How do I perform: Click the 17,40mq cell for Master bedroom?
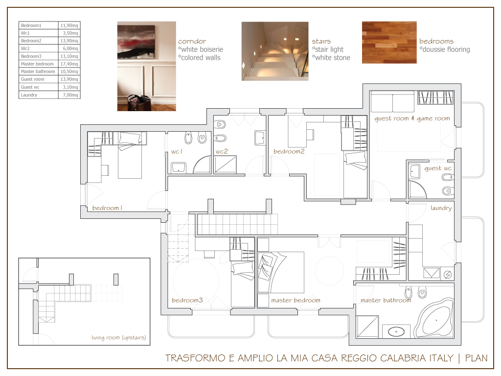click(69, 64)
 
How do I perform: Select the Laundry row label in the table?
click(29, 95)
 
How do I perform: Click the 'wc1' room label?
click(177, 152)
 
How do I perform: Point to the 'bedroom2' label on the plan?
click(289, 152)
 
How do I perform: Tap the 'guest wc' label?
click(438, 168)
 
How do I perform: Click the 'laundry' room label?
click(441, 208)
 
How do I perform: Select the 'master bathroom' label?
click(386, 300)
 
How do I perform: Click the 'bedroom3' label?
click(187, 300)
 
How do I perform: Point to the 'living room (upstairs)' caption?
click(118, 338)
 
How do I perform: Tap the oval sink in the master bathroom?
click(396, 331)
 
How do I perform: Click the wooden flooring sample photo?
click(389, 43)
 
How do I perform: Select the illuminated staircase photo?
click(275, 51)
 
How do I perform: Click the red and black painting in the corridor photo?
click(137, 43)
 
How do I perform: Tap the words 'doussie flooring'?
click(446, 49)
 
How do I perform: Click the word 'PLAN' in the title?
click(476, 358)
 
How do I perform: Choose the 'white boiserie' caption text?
click(202, 49)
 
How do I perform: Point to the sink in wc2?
click(259, 138)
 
